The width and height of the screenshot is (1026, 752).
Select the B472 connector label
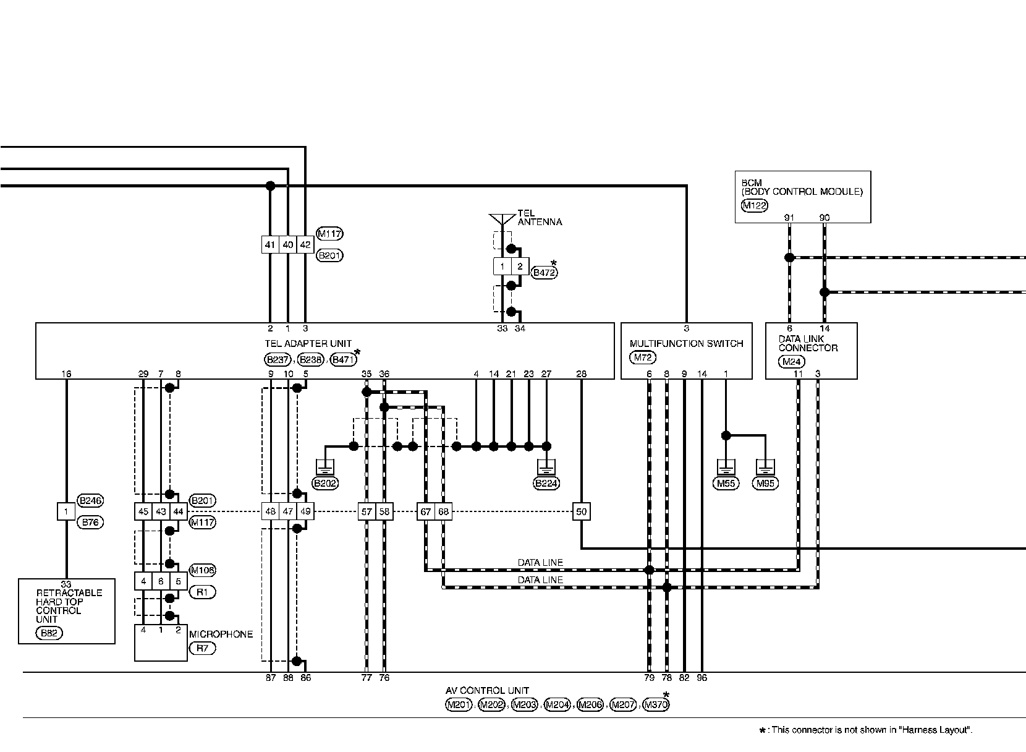click(x=545, y=272)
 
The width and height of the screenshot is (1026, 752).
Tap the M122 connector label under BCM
click(x=754, y=206)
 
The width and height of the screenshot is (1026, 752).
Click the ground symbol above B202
click(x=325, y=466)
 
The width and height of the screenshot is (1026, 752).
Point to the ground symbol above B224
click(x=546, y=466)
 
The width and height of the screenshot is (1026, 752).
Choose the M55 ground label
click(x=726, y=484)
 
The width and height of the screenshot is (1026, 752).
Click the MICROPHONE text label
click(x=221, y=634)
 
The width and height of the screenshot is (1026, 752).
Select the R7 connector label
click(x=202, y=648)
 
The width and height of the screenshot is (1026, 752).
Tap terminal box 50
click(x=581, y=512)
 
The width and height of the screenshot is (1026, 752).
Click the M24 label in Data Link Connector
click(x=791, y=362)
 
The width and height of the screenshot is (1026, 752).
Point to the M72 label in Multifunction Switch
click(x=643, y=357)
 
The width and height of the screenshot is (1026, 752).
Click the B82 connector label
click(x=51, y=633)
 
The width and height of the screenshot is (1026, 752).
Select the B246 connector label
click(x=90, y=500)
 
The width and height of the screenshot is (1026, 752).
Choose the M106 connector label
click(x=202, y=570)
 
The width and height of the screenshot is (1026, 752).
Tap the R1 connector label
click(x=202, y=592)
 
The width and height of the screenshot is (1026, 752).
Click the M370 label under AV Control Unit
click(x=656, y=705)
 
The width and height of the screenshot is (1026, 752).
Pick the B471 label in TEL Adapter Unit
click(x=343, y=360)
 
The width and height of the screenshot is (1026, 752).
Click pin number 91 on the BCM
click(x=789, y=218)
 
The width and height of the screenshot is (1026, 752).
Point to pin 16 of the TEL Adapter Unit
click(x=67, y=374)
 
